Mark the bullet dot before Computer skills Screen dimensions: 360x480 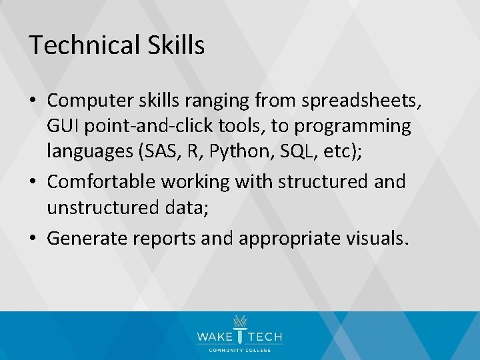[x=34, y=101]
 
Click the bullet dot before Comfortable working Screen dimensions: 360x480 [x=34, y=182]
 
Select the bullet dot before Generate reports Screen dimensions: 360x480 [x=34, y=237]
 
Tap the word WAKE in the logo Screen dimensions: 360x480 [x=213, y=337]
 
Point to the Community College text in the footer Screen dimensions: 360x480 [x=240, y=350]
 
